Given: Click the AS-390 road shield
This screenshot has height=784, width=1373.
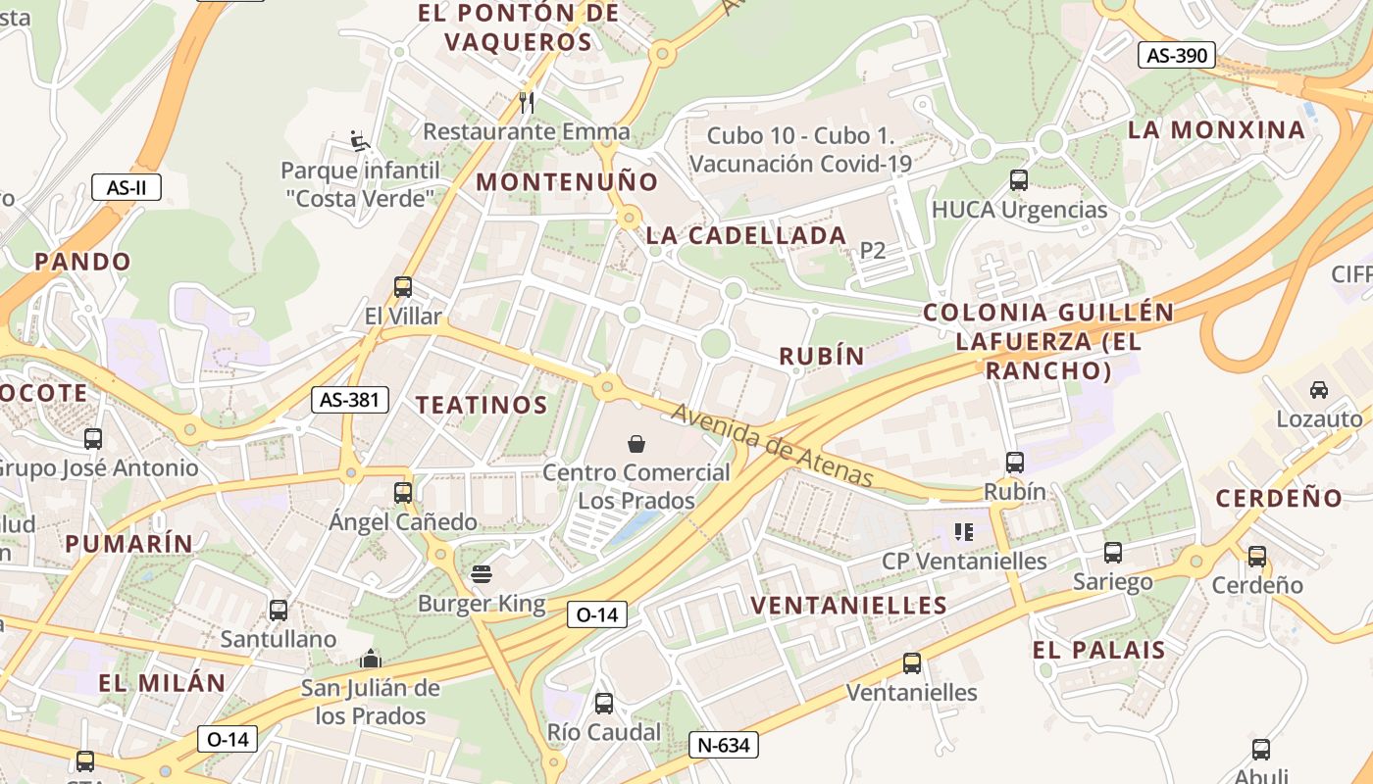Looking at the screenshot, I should [1177, 55].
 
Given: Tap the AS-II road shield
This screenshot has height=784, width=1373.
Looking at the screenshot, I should [127, 187].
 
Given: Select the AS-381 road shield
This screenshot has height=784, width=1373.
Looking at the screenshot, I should [350, 399].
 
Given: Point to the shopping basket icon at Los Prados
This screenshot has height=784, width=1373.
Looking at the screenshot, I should [636, 444].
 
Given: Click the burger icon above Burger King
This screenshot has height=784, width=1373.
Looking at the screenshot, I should [481, 574].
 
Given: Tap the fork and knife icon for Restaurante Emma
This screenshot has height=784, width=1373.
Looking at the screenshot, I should [527, 102].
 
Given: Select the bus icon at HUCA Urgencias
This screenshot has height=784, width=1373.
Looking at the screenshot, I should [1019, 180].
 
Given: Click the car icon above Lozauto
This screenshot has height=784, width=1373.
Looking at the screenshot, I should [1319, 390].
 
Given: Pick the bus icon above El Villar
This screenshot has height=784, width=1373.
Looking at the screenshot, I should [402, 287].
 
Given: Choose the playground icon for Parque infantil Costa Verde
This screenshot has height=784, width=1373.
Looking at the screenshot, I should [360, 142].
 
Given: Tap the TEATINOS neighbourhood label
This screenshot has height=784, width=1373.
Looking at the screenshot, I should [481, 405].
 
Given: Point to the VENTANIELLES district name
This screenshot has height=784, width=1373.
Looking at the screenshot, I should [849, 605].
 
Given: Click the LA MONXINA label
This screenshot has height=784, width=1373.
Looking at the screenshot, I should [1216, 129].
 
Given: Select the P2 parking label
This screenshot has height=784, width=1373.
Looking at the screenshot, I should [872, 251].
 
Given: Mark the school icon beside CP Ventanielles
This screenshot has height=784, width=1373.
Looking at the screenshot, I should [963, 532].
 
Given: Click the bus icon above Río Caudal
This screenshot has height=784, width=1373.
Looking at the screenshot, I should [604, 703].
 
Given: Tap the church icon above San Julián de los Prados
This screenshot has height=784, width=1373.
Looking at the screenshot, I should [371, 659].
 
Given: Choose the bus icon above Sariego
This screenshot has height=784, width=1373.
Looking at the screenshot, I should [1112, 553].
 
